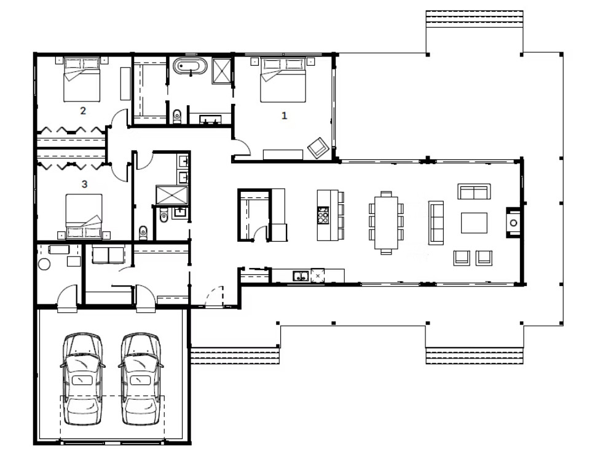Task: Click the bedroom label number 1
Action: [284, 115]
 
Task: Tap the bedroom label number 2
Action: [83, 111]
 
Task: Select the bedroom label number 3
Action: [84, 183]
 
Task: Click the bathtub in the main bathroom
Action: [191, 66]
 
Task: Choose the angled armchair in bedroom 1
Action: [318, 148]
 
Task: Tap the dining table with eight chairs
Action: [386, 222]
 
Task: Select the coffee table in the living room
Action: [474, 223]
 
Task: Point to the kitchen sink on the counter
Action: [301, 276]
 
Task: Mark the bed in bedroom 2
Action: [82, 81]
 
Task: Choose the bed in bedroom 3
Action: [84, 215]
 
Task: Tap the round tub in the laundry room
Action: [45, 264]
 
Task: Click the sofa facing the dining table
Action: [436, 222]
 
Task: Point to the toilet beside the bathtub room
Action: [178, 115]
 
